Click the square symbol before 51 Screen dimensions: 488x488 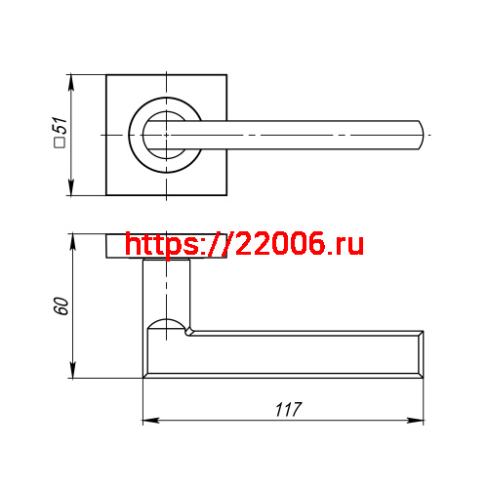(x=60, y=144)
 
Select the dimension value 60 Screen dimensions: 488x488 (x=60, y=305)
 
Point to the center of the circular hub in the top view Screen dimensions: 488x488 (x=167, y=133)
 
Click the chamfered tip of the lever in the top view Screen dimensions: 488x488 (x=421, y=133)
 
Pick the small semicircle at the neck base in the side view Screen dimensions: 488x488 (x=167, y=323)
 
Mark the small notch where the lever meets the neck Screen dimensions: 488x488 (x=189, y=333)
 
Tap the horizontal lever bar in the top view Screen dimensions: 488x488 (x=312, y=133)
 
